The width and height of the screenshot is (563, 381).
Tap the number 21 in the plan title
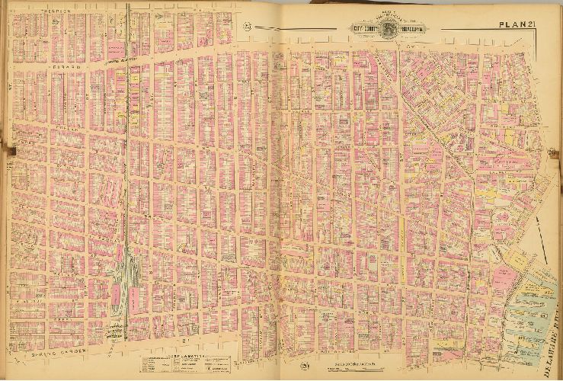(x=535, y=25)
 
